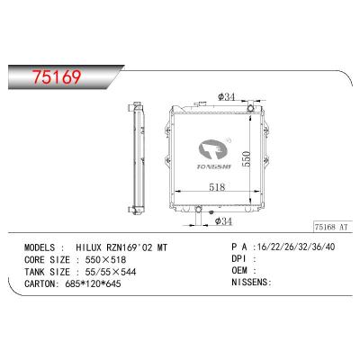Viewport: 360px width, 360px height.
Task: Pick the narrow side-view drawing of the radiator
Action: [139, 157]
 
